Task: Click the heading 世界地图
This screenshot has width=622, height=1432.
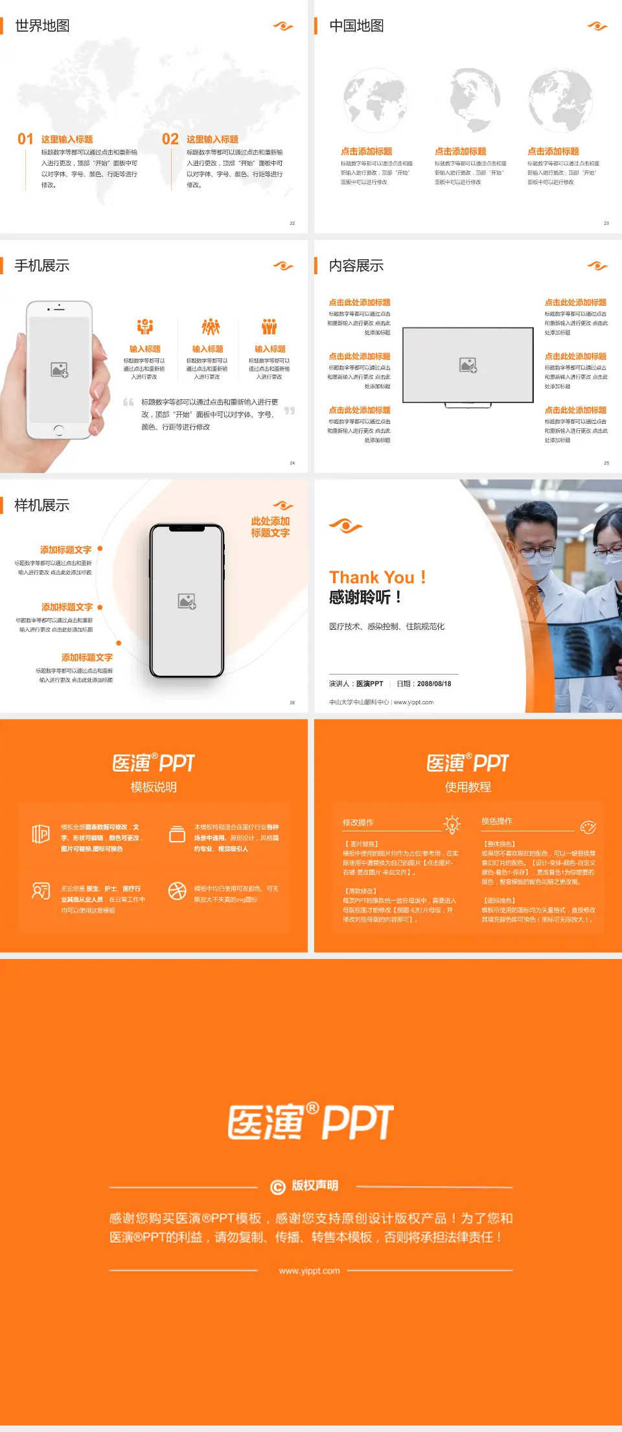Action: coord(42,26)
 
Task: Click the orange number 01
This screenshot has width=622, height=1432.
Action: coord(25,139)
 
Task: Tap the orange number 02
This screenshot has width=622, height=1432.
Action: coord(170,139)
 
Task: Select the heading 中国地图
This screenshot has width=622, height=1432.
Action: coord(356,26)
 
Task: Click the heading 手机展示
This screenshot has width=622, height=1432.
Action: coord(42,266)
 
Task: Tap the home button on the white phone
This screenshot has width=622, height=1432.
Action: coord(59,430)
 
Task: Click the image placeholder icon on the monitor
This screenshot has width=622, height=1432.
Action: coord(468,365)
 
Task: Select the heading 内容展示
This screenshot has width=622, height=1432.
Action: coord(356,266)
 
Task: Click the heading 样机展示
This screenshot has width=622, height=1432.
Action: coord(42,505)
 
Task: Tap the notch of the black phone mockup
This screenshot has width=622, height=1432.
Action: coord(187,529)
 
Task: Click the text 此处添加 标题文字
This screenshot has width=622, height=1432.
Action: coord(270,527)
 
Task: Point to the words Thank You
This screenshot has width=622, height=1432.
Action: coord(371,577)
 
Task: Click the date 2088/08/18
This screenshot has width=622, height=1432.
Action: coord(434,684)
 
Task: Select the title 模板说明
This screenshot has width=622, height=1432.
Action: coord(154,787)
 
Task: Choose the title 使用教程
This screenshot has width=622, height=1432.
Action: coord(468,787)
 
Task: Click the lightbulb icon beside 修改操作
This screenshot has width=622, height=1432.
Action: coord(452,824)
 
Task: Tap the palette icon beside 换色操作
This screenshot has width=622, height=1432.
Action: coord(588,827)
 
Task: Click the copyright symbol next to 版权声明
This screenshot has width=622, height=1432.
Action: coord(277,1186)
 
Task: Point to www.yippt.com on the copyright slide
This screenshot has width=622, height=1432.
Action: coord(309,1271)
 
